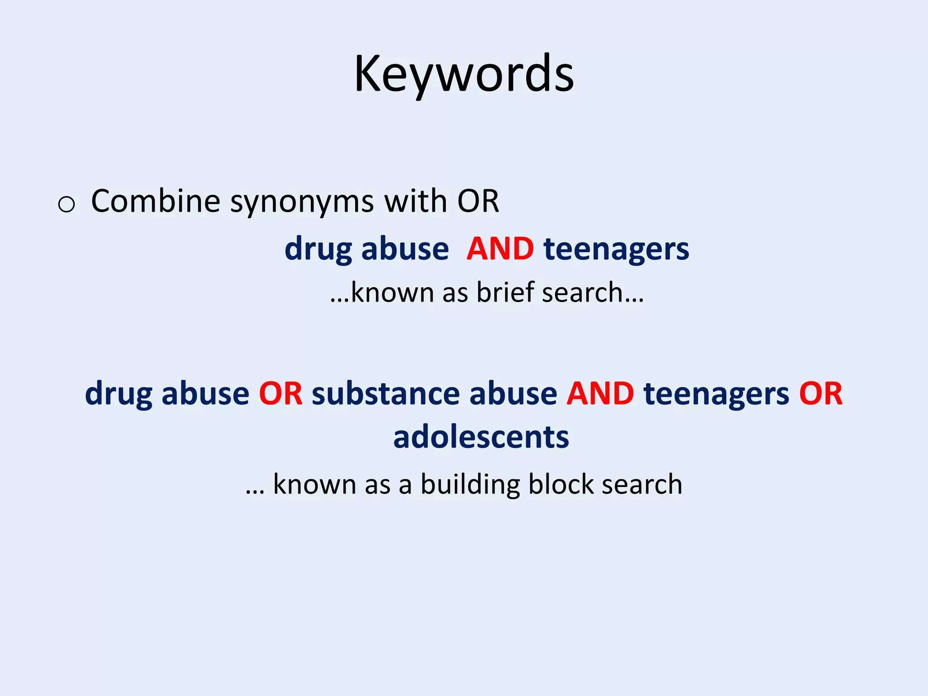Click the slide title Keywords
(x=464, y=74)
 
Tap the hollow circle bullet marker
(x=67, y=204)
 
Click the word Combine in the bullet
(x=155, y=201)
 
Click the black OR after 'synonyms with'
(x=478, y=201)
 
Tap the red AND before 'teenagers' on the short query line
(x=500, y=249)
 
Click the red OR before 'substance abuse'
(x=280, y=393)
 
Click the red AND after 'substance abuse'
(x=600, y=393)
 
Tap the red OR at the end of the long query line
(x=820, y=393)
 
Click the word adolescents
(x=481, y=437)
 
